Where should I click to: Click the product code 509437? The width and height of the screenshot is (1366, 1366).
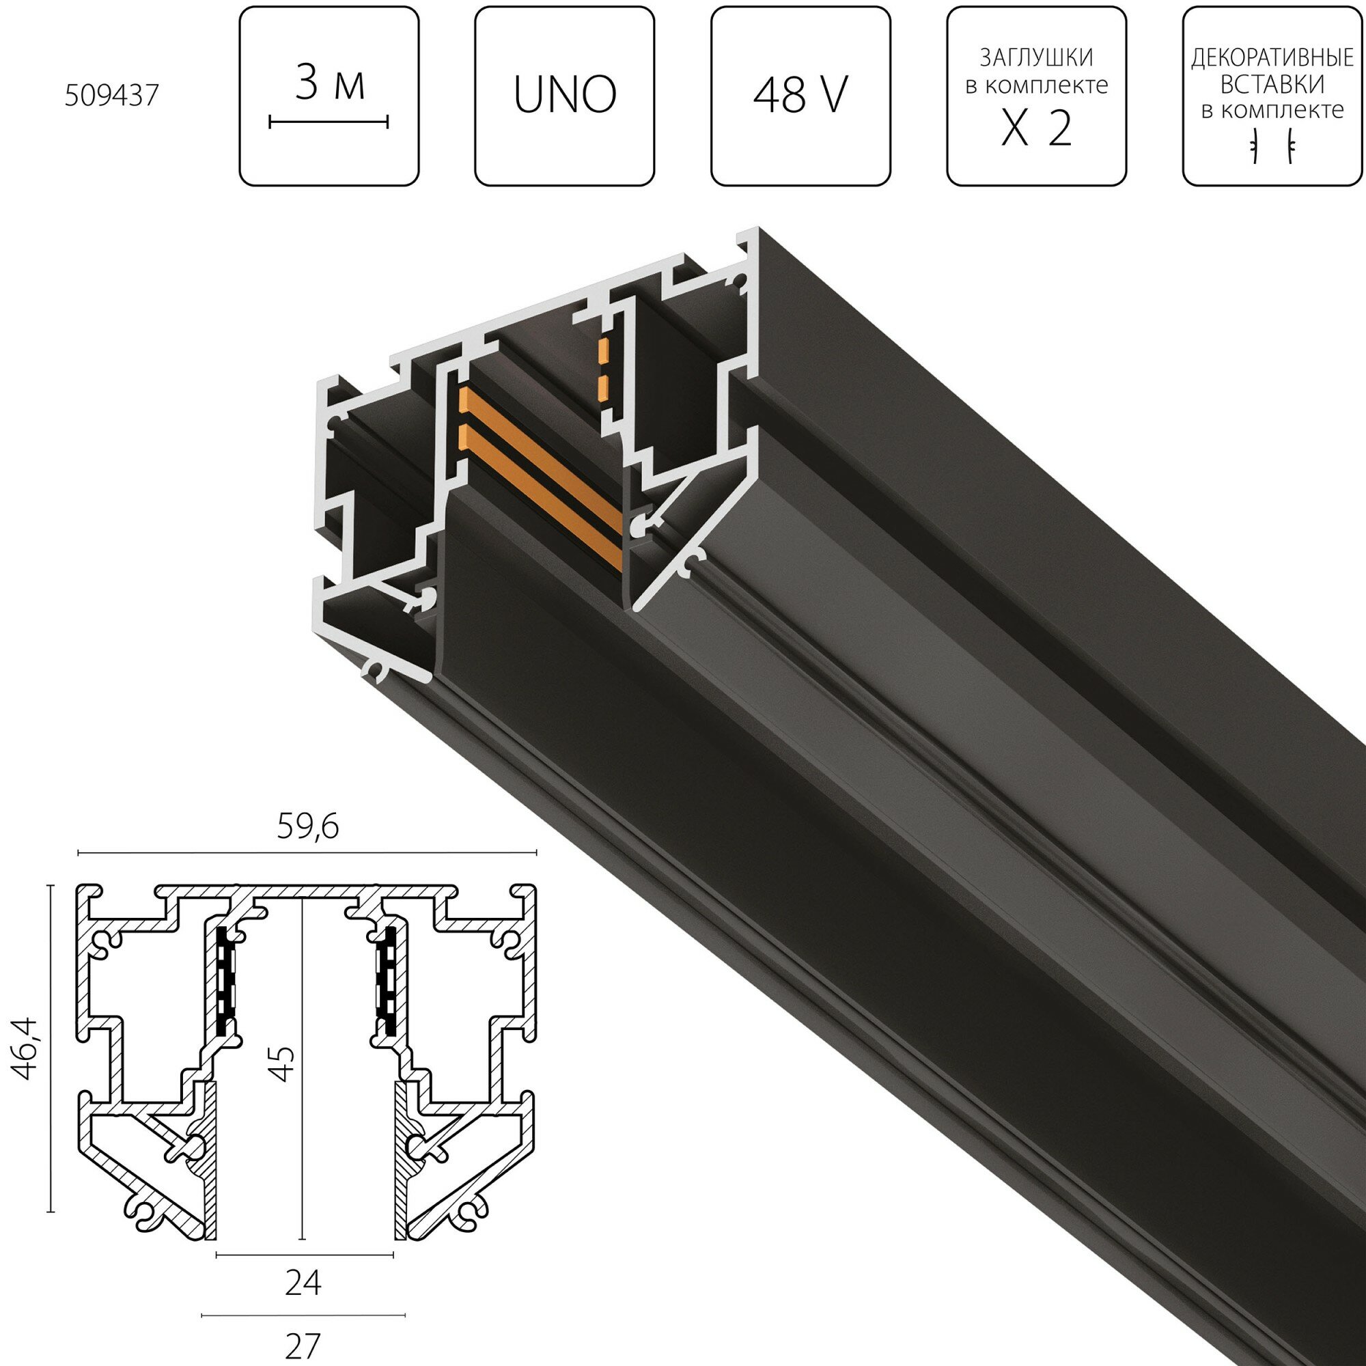click(112, 96)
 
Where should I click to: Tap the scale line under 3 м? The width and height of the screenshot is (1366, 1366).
click(329, 123)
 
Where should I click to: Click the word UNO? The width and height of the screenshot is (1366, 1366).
click(565, 96)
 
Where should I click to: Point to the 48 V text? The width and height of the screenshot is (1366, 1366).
click(800, 96)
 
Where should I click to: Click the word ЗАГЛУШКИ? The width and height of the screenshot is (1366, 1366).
click(1036, 57)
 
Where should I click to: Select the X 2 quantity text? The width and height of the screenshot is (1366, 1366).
click(1036, 129)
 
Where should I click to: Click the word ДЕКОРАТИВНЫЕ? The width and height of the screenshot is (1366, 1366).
click(1271, 59)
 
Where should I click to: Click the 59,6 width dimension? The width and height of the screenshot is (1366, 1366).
click(307, 827)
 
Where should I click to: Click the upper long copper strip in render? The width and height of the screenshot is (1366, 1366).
click(538, 453)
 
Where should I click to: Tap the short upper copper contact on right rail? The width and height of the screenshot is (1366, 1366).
click(604, 350)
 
